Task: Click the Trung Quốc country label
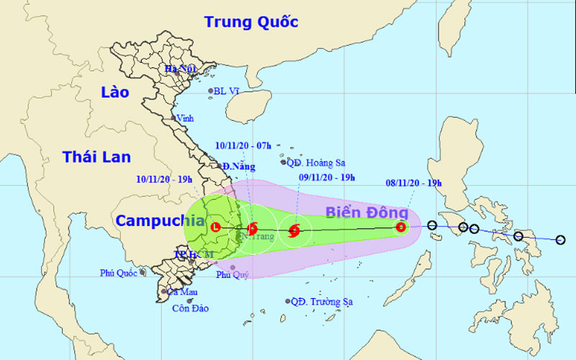coord(251,22)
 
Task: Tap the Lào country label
coord(114,92)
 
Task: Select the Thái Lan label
coord(96,157)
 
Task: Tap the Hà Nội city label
coord(181,69)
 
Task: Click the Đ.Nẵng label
coord(238,166)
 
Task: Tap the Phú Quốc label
coord(118,273)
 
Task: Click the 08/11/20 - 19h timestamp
coord(413,183)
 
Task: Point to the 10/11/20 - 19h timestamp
coord(163,179)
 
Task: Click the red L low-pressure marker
coord(215,228)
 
